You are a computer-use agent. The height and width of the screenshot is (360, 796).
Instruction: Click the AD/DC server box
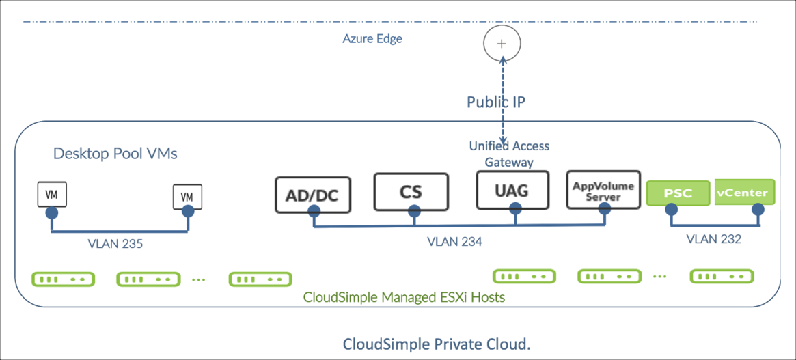(312, 195)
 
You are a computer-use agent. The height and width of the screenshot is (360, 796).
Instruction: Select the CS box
(411, 191)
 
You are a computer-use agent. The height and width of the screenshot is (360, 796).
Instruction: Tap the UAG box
(512, 190)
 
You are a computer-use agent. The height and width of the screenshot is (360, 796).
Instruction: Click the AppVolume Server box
(603, 191)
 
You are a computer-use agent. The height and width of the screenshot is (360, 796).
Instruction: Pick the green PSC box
(678, 193)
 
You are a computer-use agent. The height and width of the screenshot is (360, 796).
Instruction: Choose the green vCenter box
(745, 192)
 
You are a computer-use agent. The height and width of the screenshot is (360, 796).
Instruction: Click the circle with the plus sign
(502, 44)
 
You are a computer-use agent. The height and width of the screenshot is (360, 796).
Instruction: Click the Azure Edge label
(372, 39)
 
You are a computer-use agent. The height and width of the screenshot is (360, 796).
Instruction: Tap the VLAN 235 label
(115, 243)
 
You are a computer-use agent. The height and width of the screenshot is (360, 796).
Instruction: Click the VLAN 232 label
(713, 239)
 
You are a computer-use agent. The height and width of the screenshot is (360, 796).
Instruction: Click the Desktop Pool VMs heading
(115, 154)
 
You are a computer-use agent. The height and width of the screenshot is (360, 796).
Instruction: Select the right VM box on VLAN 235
(187, 197)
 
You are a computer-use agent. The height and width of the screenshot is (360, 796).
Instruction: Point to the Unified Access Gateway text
(508, 154)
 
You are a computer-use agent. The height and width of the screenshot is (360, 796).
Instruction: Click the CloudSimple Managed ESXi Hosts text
(404, 298)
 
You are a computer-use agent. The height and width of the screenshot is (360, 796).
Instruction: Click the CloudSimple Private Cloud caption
(436, 344)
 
